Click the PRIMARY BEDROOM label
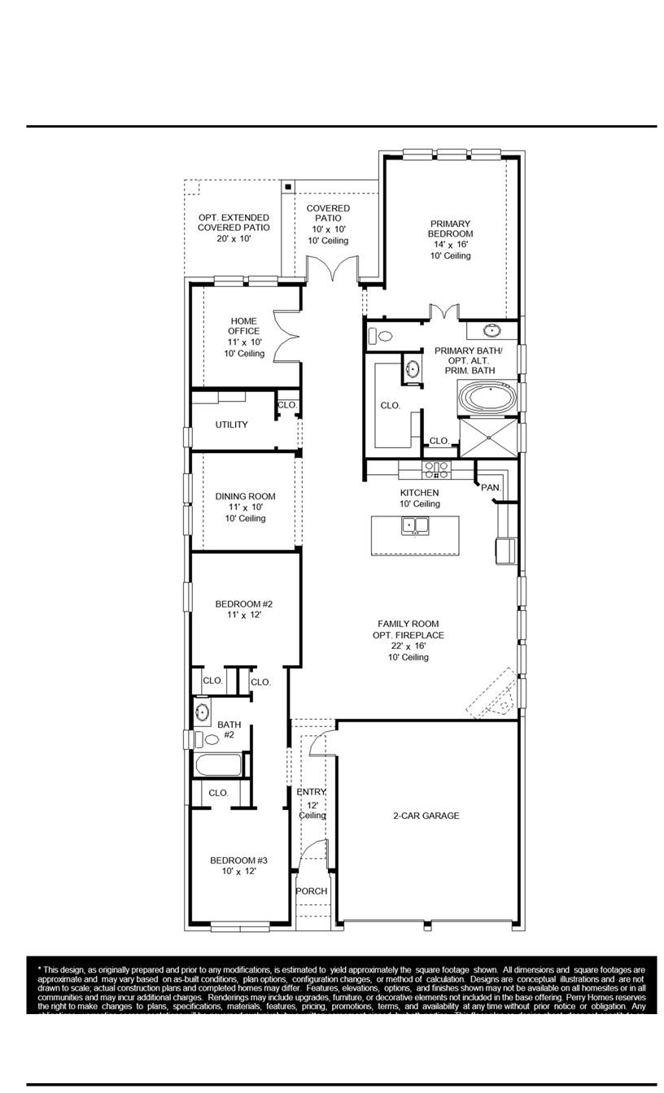[x=451, y=229]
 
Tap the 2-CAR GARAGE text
[x=426, y=816]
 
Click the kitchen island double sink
[x=416, y=526]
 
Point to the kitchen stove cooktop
[x=436, y=470]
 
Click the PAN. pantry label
[x=491, y=487]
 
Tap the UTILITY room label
[x=232, y=425]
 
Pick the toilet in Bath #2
[x=212, y=739]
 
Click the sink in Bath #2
[x=203, y=713]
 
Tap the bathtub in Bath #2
[x=218, y=765]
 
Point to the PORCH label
[x=312, y=891]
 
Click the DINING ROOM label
[x=245, y=497]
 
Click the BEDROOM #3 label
[x=238, y=860]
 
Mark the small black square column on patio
[x=288, y=188]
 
